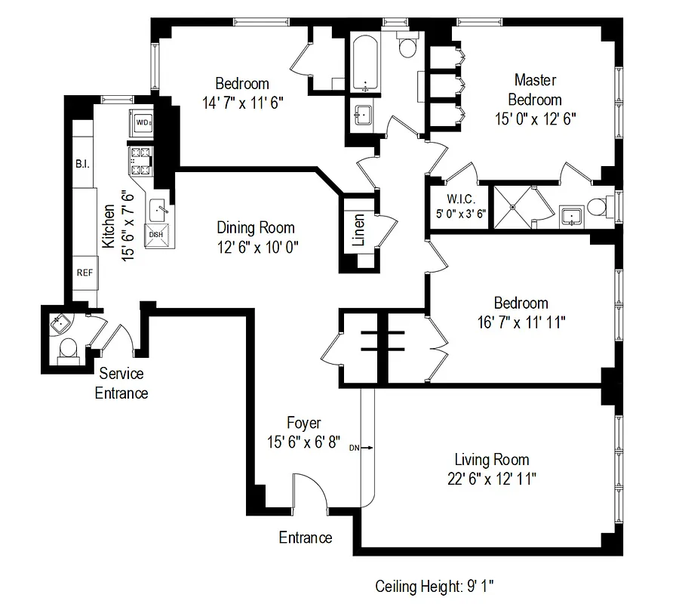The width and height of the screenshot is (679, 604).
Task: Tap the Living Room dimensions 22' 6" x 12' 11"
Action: click(x=490, y=478)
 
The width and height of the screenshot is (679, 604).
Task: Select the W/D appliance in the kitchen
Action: click(x=142, y=122)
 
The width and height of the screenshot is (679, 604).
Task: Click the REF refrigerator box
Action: click(x=84, y=273)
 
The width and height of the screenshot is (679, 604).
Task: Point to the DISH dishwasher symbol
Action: click(x=156, y=234)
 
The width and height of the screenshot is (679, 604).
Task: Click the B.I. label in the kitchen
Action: click(x=82, y=164)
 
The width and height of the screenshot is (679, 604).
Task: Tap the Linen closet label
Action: click(x=359, y=230)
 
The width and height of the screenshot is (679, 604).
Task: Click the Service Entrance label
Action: click(x=121, y=383)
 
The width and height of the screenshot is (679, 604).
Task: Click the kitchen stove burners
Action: click(x=141, y=159)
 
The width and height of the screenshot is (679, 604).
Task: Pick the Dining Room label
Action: click(x=256, y=227)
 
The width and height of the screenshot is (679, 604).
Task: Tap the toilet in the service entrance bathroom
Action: click(x=69, y=350)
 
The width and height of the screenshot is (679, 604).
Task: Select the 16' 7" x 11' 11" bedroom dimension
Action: click(x=517, y=322)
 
